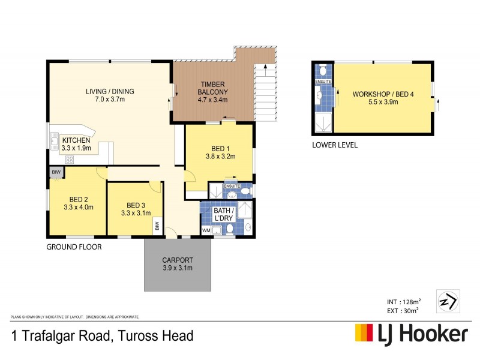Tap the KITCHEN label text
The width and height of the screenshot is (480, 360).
point(76,140)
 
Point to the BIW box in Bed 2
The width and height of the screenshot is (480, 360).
point(56,172)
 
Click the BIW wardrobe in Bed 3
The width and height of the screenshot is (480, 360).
point(157,226)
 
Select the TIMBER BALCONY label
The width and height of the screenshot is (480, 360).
point(213,88)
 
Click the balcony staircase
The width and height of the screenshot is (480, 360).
point(265,90)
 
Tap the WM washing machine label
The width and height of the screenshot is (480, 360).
point(205,230)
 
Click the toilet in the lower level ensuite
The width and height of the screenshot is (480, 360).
point(323,71)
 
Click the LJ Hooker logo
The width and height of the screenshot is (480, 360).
point(411,334)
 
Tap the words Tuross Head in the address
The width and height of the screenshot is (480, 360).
point(157,335)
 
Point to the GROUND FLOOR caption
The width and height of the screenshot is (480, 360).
point(74,247)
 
